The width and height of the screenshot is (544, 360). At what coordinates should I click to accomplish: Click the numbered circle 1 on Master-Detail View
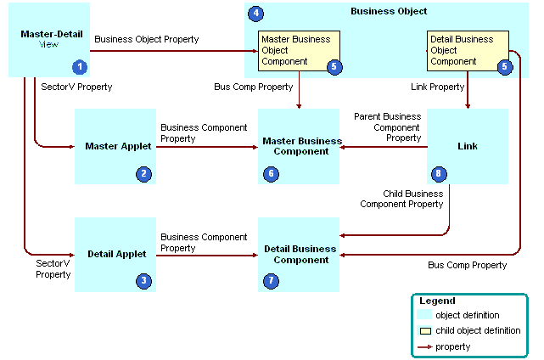click(x=80, y=67)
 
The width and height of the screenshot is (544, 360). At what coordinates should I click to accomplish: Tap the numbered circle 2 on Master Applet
click(x=143, y=174)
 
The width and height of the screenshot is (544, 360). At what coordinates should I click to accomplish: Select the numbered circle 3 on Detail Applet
click(x=143, y=281)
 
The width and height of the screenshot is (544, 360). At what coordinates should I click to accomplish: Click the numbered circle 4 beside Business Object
click(x=255, y=14)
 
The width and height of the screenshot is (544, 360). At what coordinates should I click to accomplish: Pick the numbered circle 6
click(x=271, y=174)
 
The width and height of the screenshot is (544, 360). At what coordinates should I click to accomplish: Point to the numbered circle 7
click(x=271, y=281)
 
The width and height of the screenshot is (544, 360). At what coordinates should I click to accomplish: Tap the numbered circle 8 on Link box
click(x=439, y=174)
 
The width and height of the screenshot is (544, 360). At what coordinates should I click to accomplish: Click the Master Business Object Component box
click(x=299, y=51)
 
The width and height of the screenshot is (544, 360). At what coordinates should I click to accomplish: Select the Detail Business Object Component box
click(x=468, y=51)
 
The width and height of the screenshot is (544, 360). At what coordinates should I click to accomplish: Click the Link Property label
click(x=437, y=87)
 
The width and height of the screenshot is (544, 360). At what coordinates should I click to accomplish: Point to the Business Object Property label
click(x=147, y=39)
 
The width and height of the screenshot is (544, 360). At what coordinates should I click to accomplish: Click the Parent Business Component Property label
click(x=388, y=127)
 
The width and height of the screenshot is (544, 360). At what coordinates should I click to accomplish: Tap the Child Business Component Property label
click(x=401, y=199)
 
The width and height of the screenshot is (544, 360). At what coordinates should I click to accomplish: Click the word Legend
click(x=437, y=301)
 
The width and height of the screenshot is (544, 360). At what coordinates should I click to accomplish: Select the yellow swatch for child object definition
click(x=425, y=331)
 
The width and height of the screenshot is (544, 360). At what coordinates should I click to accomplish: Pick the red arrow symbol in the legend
click(x=425, y=346)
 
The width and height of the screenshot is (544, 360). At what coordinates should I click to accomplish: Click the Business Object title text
click(x=389, y=11)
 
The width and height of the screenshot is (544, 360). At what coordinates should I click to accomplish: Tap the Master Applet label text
click(x=118, y=146)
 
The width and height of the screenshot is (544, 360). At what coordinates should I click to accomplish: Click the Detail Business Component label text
click(x=300, y=255)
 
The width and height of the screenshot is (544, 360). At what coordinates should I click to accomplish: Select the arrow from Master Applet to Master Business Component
click(x=207, y=147)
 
